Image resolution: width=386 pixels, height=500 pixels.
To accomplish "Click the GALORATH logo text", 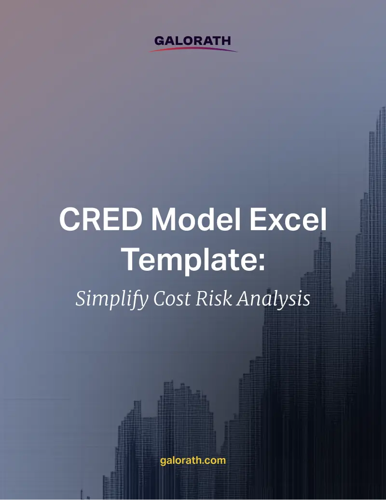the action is coord(193,41).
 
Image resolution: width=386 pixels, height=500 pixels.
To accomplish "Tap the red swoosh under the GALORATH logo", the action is coord(193,49).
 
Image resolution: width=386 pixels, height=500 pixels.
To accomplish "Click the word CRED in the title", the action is coord(101,219).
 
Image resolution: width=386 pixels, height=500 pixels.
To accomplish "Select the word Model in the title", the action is coord(196,219).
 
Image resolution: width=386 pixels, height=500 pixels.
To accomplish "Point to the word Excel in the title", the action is coord(288,219).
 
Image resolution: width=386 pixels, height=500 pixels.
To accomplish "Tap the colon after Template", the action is coord(262,263).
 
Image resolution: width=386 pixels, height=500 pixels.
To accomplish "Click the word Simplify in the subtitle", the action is coord(112,299).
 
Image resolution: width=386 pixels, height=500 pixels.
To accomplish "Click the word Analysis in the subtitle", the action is coord(274,299).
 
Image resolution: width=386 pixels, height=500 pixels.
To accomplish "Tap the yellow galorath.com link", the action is coord(193,461).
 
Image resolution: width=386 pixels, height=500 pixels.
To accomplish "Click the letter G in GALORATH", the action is coord(159,41).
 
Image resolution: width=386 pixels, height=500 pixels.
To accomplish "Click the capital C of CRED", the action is coord(69,219).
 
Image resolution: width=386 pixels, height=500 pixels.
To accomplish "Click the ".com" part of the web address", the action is coord(214,460).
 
